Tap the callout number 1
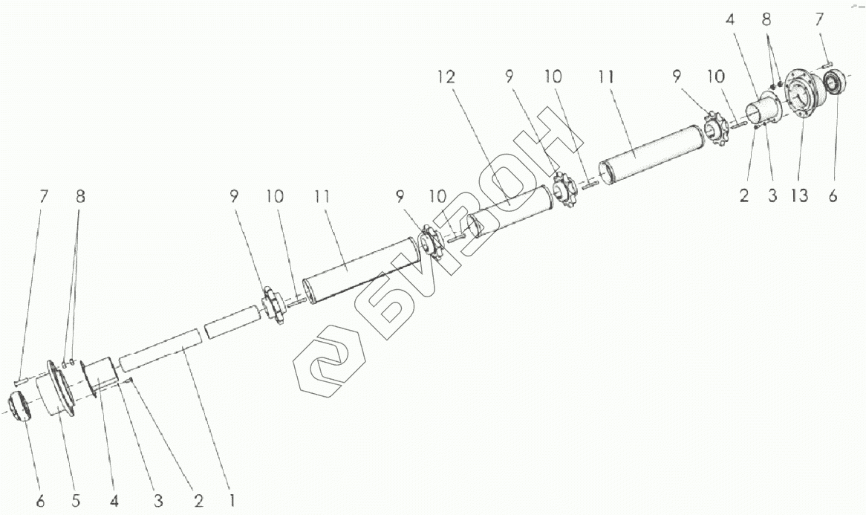232,500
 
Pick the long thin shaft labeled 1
159,350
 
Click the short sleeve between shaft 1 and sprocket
232,325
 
